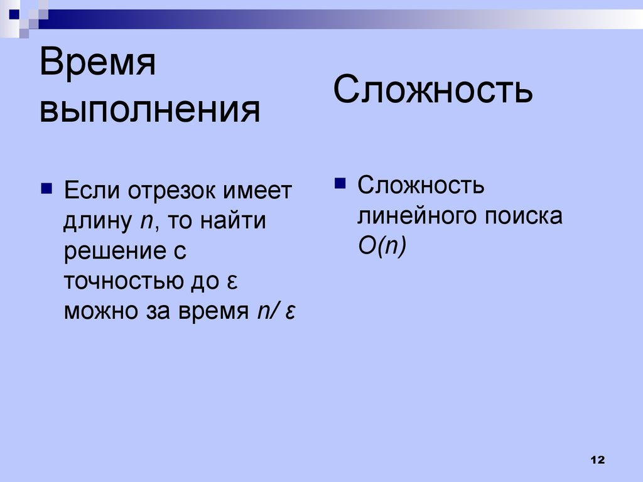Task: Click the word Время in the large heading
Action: click(97, 62)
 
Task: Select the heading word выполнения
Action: click(149, 110)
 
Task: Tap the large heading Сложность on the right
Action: click(433, 89)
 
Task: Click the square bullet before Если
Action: click(46, 188)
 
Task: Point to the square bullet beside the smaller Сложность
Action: click(340, 183)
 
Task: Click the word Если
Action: click(92, 190)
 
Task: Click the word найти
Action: click(233, 220)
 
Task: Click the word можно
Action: click(101, 311)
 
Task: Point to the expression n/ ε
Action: click(276, 311)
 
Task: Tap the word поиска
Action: click(524, 216)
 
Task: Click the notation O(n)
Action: click(382, 246)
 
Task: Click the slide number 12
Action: click(598, 460)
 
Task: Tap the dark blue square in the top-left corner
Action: click(14, 15)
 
